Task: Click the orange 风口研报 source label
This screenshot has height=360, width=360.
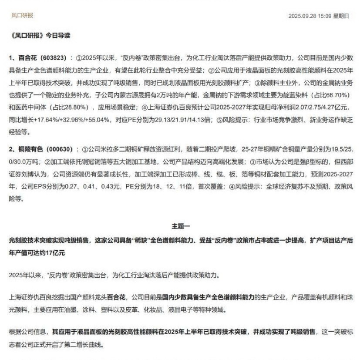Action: pyautogui.click(x=22, y=16)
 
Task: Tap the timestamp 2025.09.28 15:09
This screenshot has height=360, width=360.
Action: pyautogui.click(x=310, y=16)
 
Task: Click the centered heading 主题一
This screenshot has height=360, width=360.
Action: pyautogui.click(x=180, y=226)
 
